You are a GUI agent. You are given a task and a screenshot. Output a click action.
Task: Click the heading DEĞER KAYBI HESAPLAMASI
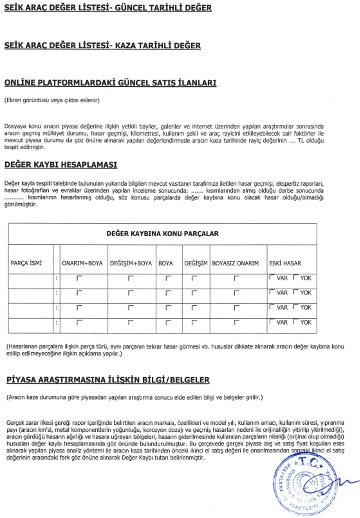pos(61,165)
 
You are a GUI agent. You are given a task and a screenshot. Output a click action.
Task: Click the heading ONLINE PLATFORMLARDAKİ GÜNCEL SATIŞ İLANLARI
pos(110,83)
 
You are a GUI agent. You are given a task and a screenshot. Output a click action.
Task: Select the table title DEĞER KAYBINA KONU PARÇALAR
pos(162,234)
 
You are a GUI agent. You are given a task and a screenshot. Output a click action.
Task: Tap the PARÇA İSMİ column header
pos(26,263)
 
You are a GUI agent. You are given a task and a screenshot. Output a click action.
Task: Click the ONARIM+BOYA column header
pos(82,263)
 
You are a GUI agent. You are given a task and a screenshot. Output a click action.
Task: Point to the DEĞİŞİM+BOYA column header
pos(131,263)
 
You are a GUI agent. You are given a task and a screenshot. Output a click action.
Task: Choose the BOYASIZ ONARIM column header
pos(235,263)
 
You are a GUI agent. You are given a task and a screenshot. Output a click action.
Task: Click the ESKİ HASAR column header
pos(285,263)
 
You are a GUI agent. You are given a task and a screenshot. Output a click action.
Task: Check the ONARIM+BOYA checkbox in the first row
pos(79,278)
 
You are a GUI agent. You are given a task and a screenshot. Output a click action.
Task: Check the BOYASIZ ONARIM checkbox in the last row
pos(236,322)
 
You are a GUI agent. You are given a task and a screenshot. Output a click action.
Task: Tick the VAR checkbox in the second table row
pos(272,292)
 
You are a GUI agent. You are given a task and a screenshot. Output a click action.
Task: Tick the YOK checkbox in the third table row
pos(295,307)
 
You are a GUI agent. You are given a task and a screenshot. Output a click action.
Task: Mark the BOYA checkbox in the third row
pos(168,307)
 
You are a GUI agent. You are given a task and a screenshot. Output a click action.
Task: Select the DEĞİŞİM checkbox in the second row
pos(194,293)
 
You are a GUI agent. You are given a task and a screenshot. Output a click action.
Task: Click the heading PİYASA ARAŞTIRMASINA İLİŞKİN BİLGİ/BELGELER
pos(108,380)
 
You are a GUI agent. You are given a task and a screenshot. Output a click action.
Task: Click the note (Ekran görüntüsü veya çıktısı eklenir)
pos(52,100)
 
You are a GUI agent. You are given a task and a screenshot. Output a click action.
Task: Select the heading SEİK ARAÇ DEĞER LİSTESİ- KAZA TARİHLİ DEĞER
pos(102,45)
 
